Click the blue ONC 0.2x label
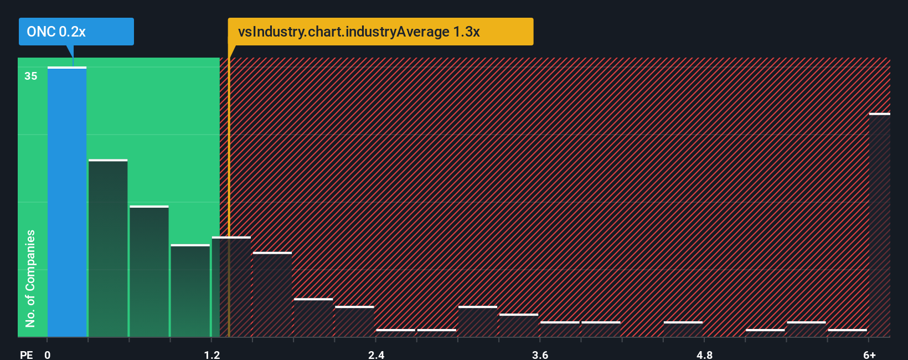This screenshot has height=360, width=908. pyautogui.click(x=76, y=32)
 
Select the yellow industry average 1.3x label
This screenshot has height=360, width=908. pyautogui.click(x=380, y=32)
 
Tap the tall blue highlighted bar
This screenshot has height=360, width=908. pyautogui.click(x=67, y=202)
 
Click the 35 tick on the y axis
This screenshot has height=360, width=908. pyautogui.click(x=31, y=76)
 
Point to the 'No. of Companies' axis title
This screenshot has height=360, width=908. pyautogui.click(x=30, y=278)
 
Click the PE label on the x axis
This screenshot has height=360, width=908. pyautogui.click(x=26, y=354)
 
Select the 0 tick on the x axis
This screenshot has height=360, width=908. pyautogui.click(x=48, y=354)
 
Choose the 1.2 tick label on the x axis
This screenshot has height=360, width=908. pyautogui.click(x=211, y=354)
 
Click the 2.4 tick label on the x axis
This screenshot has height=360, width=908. pyautogui.click(x=376, y=354)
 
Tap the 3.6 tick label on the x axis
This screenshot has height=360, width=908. pyautogui.click(x=540, y=354)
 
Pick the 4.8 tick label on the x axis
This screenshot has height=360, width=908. pyautogui.click(x=704, y=354)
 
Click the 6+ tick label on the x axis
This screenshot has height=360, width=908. pyautogui.click(x=869, y=354)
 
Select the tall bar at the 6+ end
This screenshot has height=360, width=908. pyautogui.click(x=880, y=225)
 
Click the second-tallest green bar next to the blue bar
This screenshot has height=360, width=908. pyautogui.click(x=108, y=248)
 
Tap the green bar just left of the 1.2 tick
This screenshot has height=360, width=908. pyautogui.click(x=190, y=290)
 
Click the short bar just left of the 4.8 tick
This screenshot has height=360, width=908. pyautogui.click(x=683, y=329)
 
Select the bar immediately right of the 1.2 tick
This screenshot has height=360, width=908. pyautogui.click(x=231, y=287)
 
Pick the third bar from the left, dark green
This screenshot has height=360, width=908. pyautogui.click(x=149, y=271)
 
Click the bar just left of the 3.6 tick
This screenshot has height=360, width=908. pyautogui.click(x=518, y=326)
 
